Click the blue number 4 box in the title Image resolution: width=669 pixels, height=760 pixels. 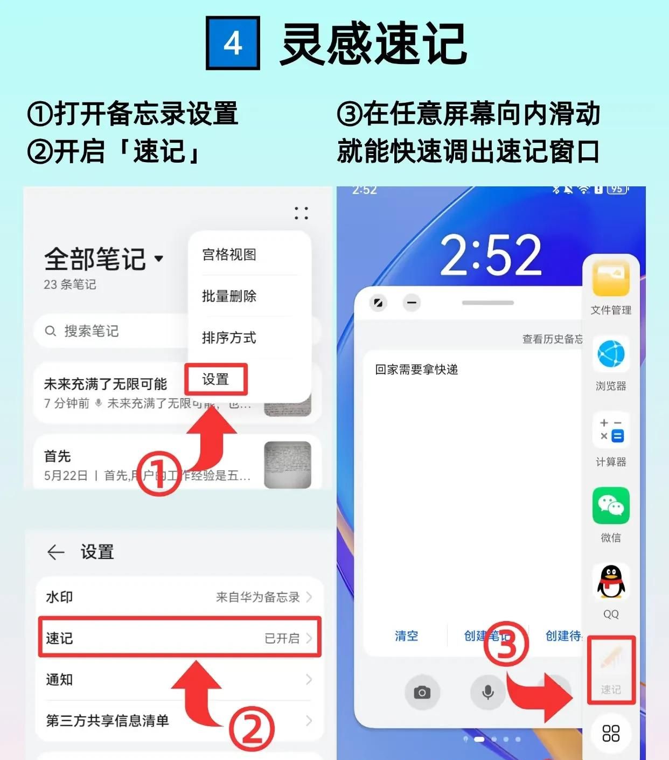coord(233,43)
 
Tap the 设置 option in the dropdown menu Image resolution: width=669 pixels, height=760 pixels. coord(215,379)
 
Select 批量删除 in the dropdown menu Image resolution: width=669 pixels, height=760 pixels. coord(229,296)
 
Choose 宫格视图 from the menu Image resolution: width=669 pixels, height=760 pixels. coord(229,254)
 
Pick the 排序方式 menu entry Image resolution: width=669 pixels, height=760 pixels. coord(229,338)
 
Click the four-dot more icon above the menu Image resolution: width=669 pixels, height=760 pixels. coord(301,213)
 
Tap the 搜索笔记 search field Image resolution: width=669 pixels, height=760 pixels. coord(108,331)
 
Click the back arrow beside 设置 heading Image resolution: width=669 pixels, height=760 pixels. coord(55,552)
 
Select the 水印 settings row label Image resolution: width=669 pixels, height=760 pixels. coord(59,597)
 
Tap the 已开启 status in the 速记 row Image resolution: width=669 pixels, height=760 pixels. coord(282,638)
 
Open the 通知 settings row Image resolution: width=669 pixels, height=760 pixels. coord(178,680)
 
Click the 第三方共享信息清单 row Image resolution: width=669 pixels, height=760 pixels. coord(178,721)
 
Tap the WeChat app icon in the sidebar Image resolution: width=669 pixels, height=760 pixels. coord(611,506)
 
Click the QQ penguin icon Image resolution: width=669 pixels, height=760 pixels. coord(611,582)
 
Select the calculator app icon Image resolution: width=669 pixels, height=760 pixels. coord(611,430)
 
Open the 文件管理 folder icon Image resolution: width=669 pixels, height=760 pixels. coord(611,278)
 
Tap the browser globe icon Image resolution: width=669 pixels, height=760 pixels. coord(611,354)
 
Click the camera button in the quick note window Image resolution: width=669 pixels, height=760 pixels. coord(422,692)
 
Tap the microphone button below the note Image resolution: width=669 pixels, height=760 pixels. coord(488,692)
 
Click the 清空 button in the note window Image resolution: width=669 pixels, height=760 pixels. coord(406,636)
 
